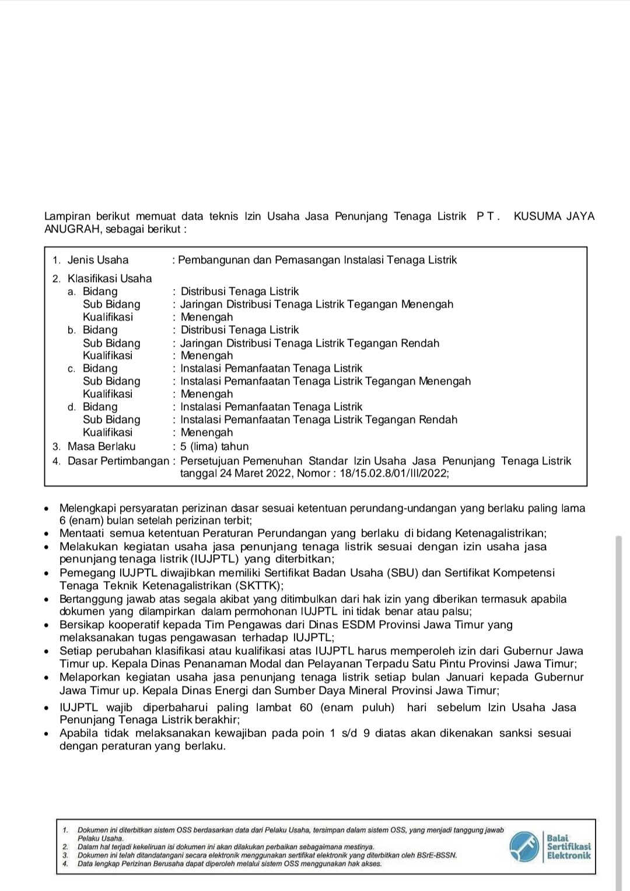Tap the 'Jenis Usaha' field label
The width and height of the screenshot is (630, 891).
coord(98,260)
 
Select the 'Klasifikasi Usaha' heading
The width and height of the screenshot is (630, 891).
coord(110,279)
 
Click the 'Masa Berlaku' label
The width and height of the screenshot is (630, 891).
coord(101,446)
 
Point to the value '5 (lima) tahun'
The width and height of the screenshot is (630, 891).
coord(215,446)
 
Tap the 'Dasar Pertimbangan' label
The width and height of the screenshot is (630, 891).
coord(118,461)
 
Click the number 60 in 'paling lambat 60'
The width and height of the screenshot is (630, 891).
coord(306,707)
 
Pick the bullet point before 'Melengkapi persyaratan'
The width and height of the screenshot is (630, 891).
coord(48,508)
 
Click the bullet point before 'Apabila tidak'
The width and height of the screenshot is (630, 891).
coord(48,733)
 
